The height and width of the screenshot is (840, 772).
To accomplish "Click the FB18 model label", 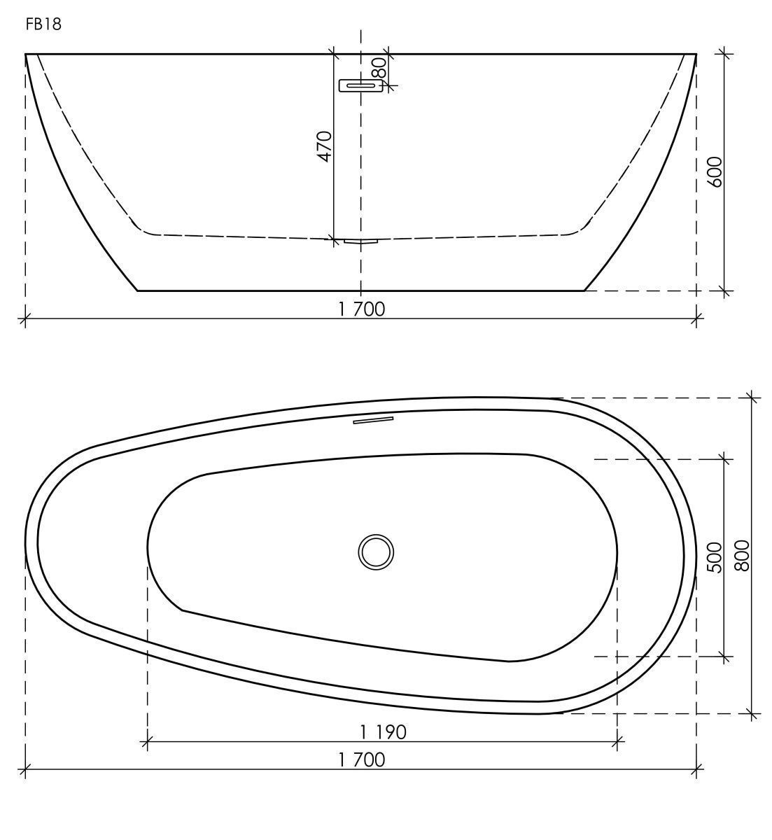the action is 43,24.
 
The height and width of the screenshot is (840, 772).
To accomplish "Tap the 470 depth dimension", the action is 324,146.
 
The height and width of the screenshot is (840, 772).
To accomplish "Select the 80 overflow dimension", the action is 379,67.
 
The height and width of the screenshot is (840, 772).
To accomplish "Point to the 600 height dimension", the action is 715,171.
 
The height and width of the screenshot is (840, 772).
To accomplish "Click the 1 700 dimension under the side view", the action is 361,309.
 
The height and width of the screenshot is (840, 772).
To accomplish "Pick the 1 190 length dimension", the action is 384,732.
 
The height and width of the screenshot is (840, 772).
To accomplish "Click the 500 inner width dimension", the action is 715,558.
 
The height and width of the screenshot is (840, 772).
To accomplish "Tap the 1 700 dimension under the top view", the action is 361,760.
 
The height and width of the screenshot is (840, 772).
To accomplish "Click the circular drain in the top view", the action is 376,552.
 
